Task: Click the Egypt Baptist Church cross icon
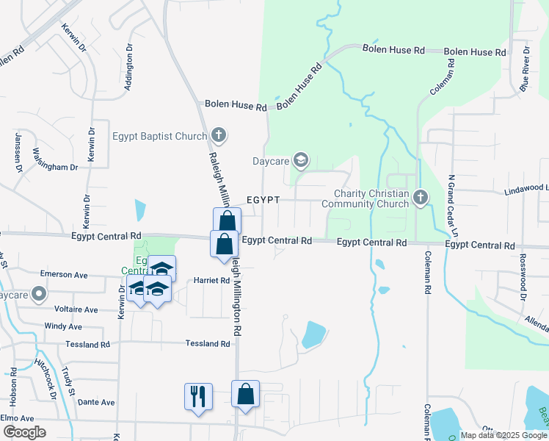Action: tap(218, 135)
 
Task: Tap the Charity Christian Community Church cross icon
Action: tap(420, 196)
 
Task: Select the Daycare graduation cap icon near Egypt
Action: tap(300, 159)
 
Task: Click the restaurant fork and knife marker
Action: tap(198, 397)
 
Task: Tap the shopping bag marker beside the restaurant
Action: tap(245, 394)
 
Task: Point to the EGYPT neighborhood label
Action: tap(264, 200)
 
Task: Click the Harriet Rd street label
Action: tap(212, 280)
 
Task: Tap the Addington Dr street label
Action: tap(129, 67)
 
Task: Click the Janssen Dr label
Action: tap(17, 149)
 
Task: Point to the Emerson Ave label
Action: tap(64, 274)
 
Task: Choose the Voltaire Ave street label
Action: tap(71, 310)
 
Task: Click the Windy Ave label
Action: tap(63, 326)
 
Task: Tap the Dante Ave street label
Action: tap(96, 402)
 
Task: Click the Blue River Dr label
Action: tap(525, 68)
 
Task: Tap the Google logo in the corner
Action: tap(23, 432)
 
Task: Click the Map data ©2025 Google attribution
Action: tap(503, 435)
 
